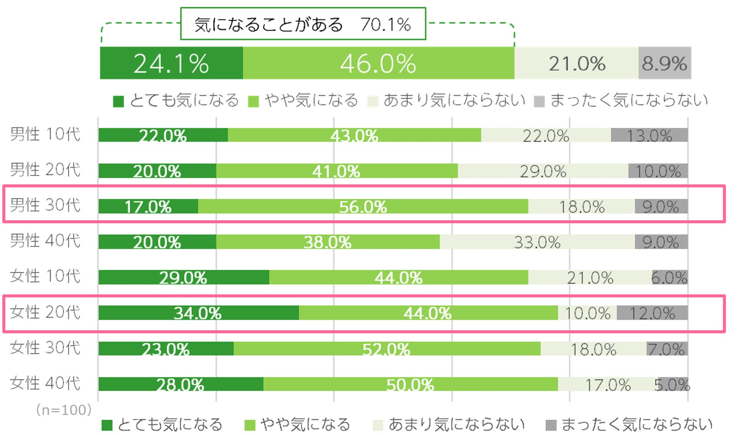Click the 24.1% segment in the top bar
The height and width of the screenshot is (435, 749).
(x=171, y=63)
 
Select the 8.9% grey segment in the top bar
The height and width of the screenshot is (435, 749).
(x=664, y=63)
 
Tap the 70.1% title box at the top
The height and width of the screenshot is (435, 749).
(x=303, y=24)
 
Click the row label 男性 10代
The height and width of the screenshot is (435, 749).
(x=45, y=134)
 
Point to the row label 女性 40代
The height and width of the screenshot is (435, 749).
(x=45, y=383)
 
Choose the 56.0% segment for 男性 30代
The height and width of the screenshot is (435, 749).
(x=363, y=206)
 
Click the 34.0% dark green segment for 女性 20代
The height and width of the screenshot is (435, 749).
(x=198, y=313)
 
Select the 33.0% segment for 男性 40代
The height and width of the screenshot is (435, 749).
(x=537, y=242)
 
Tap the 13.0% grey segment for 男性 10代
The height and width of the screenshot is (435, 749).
(x=649, y=135)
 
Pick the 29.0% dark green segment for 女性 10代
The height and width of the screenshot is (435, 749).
(x=184, y=277)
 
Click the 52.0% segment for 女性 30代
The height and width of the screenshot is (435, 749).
(x=387, y=349)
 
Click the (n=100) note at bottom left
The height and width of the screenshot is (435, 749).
(x=64, y=410)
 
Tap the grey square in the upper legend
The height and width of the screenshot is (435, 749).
(x=539, y=102)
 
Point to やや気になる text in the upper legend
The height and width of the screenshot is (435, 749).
(x=311, y=101)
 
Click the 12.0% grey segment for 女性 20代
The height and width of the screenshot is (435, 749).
(x=652, y=313)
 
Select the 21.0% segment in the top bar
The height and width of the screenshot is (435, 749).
(x=576, y=63)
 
